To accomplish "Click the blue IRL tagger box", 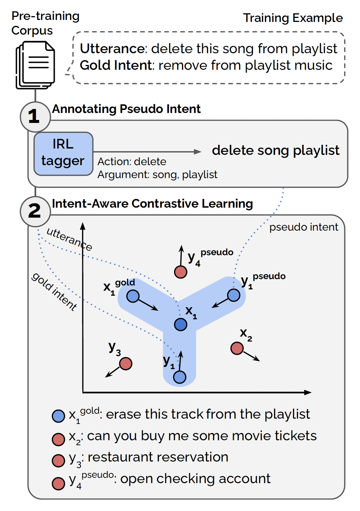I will point(63,153).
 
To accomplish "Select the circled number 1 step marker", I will point(35,117).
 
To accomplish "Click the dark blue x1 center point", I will point(181,324).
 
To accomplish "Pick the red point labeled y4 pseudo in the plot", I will point(181,272).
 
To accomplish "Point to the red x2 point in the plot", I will point(237,348).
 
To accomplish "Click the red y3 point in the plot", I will point(126,363).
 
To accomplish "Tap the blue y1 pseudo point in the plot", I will point(233,295).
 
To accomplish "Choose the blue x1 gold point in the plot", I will point(133,296).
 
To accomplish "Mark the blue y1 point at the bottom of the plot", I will point(180,377).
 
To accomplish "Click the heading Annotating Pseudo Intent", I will point(126,109).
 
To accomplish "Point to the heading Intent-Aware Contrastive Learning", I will point(152,204).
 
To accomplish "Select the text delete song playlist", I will point(276,151).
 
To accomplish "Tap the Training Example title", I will point(293,18).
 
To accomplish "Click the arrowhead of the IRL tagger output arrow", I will point(198,152).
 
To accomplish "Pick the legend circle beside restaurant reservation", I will point(58,460).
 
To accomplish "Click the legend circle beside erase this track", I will point(58,416).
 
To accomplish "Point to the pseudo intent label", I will point(304,227).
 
